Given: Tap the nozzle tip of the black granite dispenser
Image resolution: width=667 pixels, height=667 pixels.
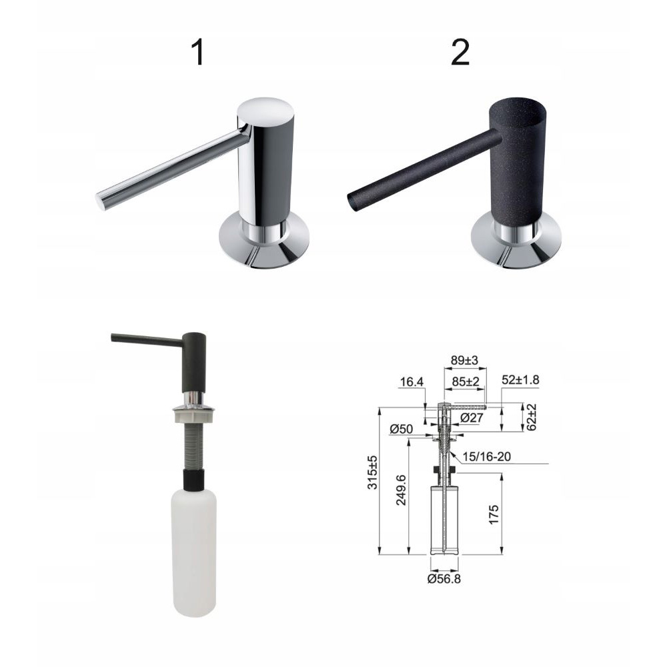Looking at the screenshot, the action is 351,201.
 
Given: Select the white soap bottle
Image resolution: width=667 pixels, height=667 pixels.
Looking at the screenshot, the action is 194,552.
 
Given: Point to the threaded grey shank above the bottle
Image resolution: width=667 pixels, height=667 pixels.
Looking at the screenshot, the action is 193,446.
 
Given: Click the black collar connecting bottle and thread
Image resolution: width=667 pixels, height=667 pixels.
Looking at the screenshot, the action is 193,480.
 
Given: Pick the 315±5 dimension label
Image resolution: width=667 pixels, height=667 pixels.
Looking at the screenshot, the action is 373,472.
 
